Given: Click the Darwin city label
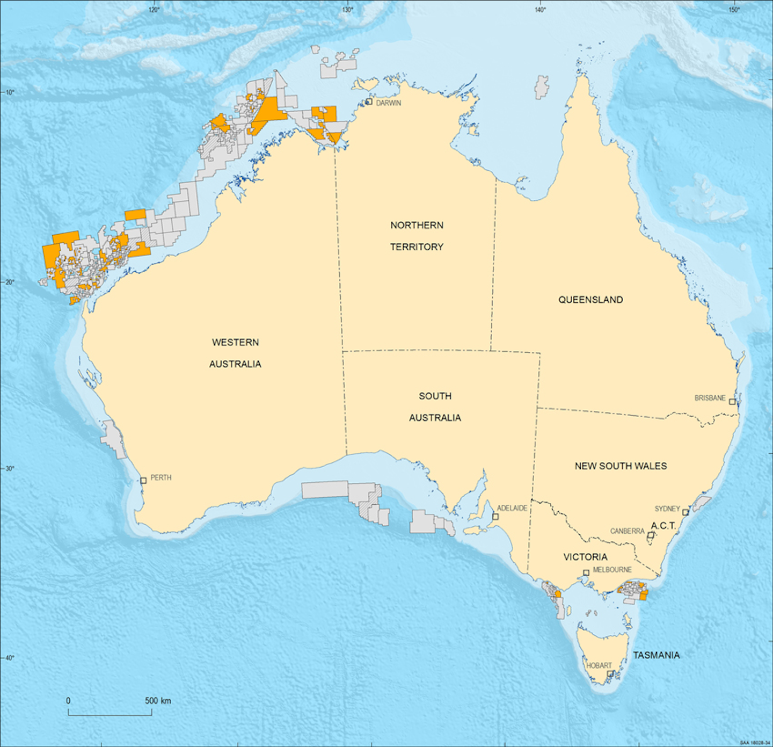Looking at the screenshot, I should (x=388, y=103).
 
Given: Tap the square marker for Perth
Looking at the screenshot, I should (x=143, y=481).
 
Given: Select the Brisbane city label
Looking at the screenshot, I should (x=710, y=398).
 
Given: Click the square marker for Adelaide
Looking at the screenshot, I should (x=495, y=517).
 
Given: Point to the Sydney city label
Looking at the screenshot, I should (x=667, y=509).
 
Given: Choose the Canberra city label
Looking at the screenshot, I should (x=627, y=531).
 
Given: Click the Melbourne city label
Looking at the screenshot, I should (x=612, y=570).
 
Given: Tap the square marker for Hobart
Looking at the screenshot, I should (x=610, y=674).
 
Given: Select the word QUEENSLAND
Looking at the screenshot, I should (x=590, y=300).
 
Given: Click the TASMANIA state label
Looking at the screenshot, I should (x=656, y=655).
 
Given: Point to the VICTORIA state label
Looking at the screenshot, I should (x=585, y=557).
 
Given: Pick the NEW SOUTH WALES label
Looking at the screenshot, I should (x=621, y=466).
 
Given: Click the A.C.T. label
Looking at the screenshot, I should (x=663, y=526).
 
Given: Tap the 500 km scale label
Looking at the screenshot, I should (x=158, y=701).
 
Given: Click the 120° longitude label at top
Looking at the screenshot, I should (x=154, y=9).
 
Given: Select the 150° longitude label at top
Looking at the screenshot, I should (x=733, y=9).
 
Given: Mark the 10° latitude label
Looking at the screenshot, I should (x=10, y=92).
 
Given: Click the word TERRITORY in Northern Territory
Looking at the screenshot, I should (x=417, y=247).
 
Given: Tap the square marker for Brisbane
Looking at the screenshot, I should (x=732, y=402).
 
